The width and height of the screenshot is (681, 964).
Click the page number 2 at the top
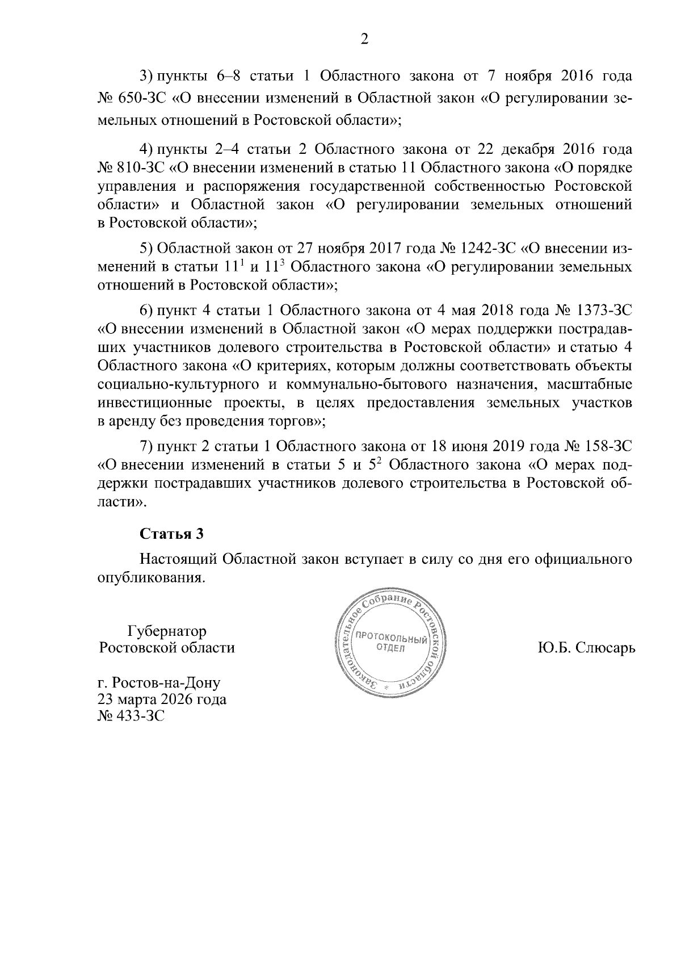[x=364, y=39]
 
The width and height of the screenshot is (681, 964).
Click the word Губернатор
[x=167, y=631]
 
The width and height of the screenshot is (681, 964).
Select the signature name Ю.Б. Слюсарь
[x=586, y=648]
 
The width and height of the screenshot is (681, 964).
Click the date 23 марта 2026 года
[x=162, y=699]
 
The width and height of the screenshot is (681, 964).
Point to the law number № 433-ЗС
[x=131, y=716]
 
